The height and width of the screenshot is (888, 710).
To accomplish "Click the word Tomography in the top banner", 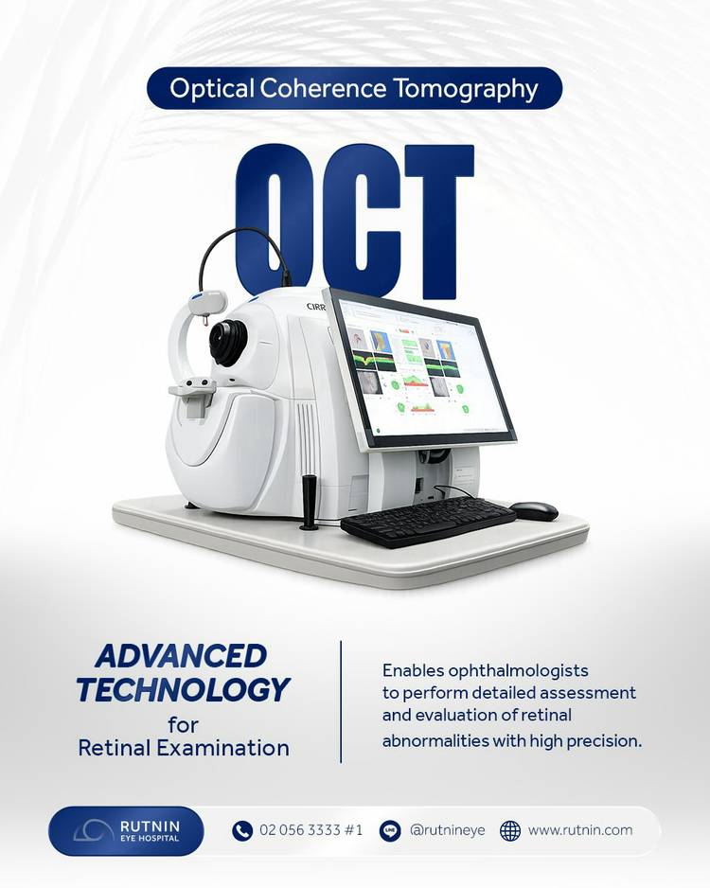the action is [466, 89].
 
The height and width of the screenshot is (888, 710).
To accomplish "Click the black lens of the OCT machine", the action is [228, 340].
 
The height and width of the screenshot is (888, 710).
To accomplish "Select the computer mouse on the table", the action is [534, 510].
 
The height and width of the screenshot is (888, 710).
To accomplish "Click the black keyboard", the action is [428, 521].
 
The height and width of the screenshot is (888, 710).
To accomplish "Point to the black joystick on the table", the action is [310, 502].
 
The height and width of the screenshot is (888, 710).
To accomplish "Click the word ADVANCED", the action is [181, 656].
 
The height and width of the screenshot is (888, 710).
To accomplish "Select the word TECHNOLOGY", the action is [183, 689].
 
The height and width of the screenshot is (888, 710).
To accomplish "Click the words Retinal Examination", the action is [184, 748].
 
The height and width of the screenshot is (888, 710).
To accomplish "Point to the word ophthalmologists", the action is [518, 671].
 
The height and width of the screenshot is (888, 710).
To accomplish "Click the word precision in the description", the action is [604, 740].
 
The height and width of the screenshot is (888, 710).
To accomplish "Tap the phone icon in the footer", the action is [242, 831].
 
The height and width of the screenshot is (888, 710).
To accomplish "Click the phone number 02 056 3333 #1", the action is [311, 830].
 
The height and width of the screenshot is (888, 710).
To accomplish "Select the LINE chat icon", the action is [389, 831].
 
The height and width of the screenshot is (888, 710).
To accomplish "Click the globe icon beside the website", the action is [510, 831].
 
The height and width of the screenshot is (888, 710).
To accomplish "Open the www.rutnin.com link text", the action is [580, 830].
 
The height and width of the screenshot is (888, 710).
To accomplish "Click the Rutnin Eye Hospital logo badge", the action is [126, 831].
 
